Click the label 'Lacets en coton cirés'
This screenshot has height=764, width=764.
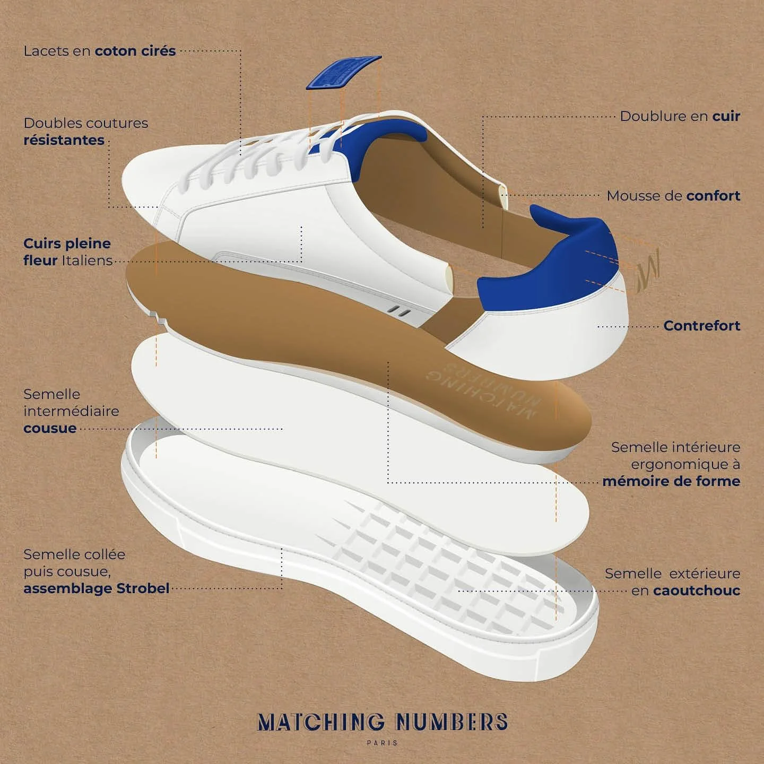click(99, 51)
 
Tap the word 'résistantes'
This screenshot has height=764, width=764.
click(64, 141)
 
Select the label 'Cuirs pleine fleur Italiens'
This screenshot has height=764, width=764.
click(67, 252)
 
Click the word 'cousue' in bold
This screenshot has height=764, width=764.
click(50, 428)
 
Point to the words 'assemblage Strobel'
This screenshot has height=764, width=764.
click(96, 588)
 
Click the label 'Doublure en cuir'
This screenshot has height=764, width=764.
click(680, 116)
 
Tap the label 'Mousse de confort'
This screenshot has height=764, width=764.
click(673, 196)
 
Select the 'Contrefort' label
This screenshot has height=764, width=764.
click(701, 325)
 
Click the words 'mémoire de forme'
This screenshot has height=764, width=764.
click(671, 481)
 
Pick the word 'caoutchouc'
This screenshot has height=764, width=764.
click(697, 591)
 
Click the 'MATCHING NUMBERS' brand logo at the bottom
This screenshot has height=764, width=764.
click(382, 722)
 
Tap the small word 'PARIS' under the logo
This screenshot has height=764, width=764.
click(382, 743)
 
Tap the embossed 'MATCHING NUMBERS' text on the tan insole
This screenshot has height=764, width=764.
click(483, 393)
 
